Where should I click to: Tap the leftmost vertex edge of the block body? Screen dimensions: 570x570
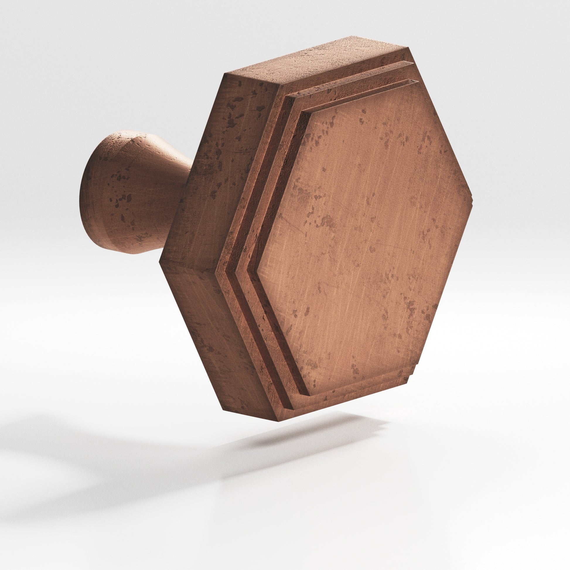[160, 261]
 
